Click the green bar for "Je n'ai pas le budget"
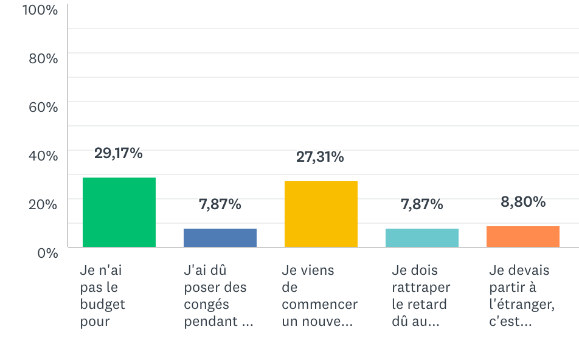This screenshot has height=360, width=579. (x=119, y=212)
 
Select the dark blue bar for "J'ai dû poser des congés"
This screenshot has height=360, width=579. (x=220, y=238)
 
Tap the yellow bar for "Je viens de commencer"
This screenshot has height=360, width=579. (x=321, y=214)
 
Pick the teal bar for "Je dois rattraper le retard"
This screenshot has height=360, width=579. (x=422, y=238)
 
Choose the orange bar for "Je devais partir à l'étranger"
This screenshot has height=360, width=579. (x=523, y=237)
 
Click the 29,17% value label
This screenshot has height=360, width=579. (x=119, y=153)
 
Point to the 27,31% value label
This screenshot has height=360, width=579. (x=320, y=157)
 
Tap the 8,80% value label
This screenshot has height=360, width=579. (x=523, y=202)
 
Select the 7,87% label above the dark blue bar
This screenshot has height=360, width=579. (x=220, y=205)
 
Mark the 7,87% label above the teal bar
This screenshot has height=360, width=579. (x=422, y=205)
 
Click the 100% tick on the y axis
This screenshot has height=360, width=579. (x=40, y=10)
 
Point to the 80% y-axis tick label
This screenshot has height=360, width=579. (x=43, y=59)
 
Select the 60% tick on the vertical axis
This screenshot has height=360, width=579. (x=43, y=108)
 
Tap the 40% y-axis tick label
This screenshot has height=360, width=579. (x=43, y=156)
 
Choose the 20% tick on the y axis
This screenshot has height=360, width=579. (x=43, y=204)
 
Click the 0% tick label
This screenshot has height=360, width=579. (x=47, y=252)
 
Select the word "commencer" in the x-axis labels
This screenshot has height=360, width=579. (x=320, y=304)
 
